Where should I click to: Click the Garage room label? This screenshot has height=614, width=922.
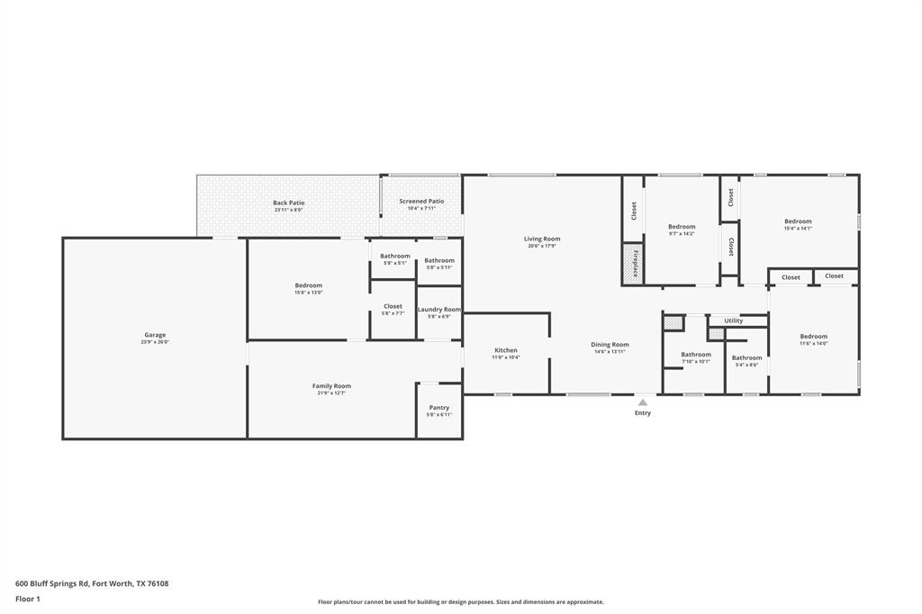pyautogui.click(x=155, y=335)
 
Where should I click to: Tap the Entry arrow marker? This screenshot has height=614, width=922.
pyautogui.click(x=642, y=403)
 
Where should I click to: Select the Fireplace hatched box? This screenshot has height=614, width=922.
pyautogui.click(x=634, y=264)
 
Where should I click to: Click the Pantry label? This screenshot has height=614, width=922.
pyautogui.click(x=439, y=408)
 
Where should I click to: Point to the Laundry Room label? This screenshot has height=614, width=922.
pyautogui.click(x=439, y=310)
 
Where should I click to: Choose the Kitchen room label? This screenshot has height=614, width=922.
pyautogui.click(x=506, y=350)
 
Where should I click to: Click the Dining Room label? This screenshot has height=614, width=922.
pyautogui.click(x=610, y=345)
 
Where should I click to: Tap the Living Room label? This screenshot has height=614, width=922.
pyautogui.click(x=542, y=239)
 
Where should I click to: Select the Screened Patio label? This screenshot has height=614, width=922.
pyautogui.click(x=421, y=202)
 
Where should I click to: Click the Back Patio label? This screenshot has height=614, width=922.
pyautogui.click(x=289, y=203)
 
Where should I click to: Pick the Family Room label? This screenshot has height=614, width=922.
pyautogui.click(x=331, y=386)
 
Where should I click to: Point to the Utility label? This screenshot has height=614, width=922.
pyautogui.click(x=734, y=321)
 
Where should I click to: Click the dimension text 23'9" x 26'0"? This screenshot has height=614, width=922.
pyautogui.click(x=155, y=342)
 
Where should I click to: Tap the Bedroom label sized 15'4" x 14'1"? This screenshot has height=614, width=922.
pyautogui.click(x=798, y=221)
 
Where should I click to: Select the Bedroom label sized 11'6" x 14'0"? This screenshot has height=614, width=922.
pyautogui.click(x=814, y=337)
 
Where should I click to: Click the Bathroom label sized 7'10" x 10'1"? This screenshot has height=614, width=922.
pyautogui.click(x=696, y=355)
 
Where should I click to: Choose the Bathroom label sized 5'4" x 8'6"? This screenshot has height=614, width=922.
pyautogui.click(x=746, y=357)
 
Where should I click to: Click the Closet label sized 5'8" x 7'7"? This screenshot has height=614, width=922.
pyautogui.click(x=393, y=306)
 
